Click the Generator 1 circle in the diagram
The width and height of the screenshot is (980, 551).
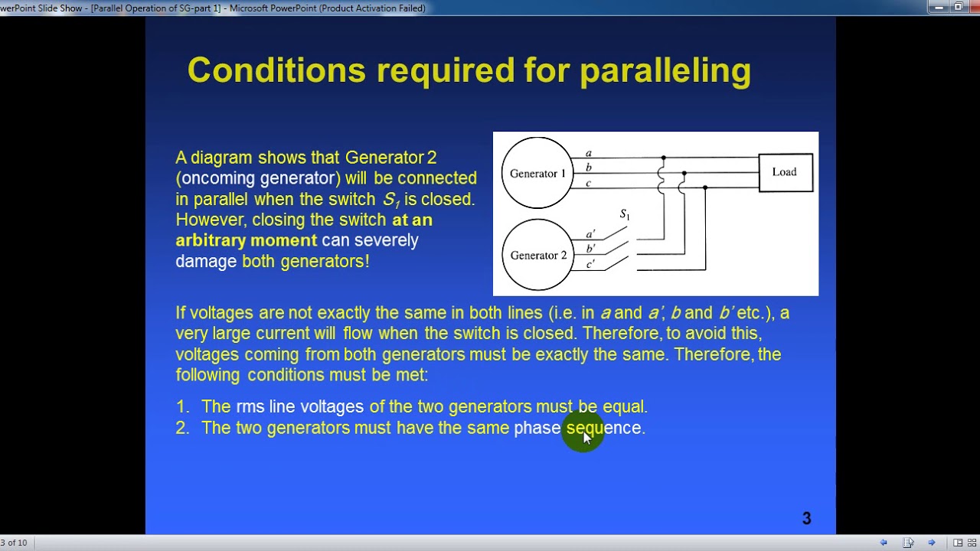tap(537, 173)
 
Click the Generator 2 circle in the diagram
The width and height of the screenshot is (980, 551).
tap(537, 255)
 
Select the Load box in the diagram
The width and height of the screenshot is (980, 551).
tap(785, 172)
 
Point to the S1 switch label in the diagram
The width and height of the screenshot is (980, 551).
tap(625, 215)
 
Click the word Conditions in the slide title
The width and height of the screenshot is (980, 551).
tap(276, 70)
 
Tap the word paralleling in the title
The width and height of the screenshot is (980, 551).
tap(665, 70)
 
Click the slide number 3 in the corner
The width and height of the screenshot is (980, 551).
tap(806, 519)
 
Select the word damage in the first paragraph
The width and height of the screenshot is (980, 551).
tap(206, 261)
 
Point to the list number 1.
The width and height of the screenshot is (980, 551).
tap(181, 407)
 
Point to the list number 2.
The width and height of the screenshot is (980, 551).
tap(181, 428)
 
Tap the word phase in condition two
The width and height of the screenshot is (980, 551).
tap(537, 428)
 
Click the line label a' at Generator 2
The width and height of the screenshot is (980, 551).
tap(590, 234)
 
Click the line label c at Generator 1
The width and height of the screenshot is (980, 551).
tap(588, 182)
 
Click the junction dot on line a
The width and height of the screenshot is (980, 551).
tap(663, 158)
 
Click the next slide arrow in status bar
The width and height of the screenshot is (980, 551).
tap(932, 543)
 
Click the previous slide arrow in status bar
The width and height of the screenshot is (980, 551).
tap(884, 543)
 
